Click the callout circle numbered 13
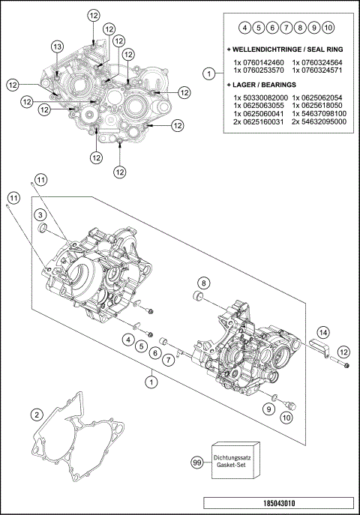57,46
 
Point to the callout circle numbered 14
322,331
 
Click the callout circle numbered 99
197,463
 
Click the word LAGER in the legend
247,86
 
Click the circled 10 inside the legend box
328,28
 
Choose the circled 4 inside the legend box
245,28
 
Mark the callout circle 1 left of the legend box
208,73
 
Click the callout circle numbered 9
268,409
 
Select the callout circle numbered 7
169,361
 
